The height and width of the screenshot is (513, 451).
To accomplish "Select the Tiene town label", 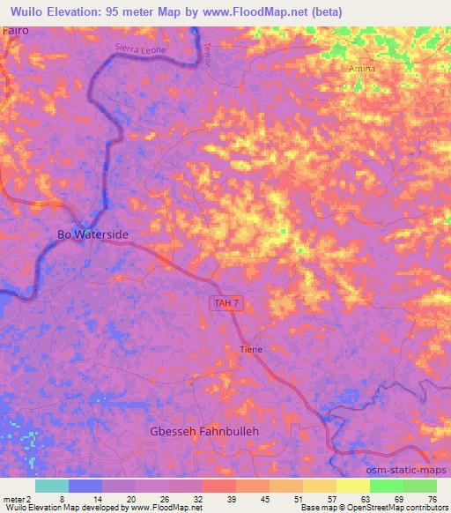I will (x=251, y=349).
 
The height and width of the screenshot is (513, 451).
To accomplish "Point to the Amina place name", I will (x=362, y=69).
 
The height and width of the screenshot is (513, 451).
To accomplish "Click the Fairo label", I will (x=16, y=30).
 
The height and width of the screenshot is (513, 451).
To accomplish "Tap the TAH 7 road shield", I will (x=226, y=303).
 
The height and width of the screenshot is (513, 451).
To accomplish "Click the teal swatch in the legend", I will (x=51, y=486).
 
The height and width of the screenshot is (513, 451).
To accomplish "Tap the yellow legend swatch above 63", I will (x=352, y=486).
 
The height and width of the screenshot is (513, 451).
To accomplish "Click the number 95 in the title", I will (x=103, y=11).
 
